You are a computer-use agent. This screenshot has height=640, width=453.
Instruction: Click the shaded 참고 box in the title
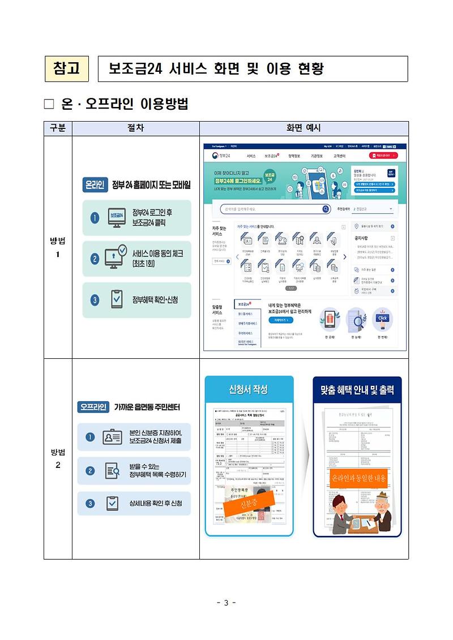67,68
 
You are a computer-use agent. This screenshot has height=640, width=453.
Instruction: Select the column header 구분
58,128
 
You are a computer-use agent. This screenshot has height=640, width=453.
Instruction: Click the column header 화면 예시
304,128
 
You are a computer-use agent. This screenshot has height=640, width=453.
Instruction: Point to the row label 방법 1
58,248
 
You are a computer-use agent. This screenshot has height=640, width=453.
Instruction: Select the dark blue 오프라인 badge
93,407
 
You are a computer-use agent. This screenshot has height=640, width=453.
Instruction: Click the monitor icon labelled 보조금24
116,218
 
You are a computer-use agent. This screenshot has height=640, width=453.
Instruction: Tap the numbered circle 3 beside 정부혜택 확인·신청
95,299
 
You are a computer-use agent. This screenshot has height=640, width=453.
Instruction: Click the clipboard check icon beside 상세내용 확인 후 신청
112,503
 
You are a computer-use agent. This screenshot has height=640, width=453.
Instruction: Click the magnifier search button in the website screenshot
326,209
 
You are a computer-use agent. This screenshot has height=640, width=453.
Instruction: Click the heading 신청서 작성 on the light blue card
248,390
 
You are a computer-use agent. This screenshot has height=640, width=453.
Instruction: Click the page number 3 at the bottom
226,603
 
